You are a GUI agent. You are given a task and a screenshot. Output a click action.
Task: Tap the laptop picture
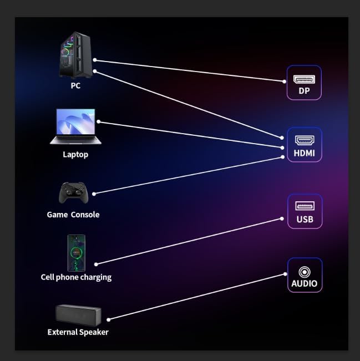click(75, 126)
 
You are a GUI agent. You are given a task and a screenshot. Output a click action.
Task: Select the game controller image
click(73, 193)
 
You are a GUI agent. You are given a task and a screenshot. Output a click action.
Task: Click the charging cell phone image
click(76, 253)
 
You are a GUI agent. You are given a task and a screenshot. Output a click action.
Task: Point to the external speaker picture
click(78, 315)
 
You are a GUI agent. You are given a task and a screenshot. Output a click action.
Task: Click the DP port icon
click(304, 79)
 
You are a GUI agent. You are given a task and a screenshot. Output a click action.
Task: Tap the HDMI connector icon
click(305, 140)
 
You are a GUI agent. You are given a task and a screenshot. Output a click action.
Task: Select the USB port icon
click(305, 206)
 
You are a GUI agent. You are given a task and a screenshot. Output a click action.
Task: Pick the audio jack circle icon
click(305, 272)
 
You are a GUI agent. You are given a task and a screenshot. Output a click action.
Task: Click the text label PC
click(75, 85)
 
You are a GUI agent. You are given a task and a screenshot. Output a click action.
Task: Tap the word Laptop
click(75, 155)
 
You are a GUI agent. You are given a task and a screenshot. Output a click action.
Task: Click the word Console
click(85, 215)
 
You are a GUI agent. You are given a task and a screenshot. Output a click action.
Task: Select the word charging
click(95, 277)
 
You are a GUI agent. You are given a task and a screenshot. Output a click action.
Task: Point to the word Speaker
click(93, 332)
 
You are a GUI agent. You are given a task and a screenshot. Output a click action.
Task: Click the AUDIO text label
click(305, 283)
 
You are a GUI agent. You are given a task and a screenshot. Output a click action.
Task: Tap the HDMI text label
click(305, 153)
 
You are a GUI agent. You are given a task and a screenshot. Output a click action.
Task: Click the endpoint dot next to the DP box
click(284, 82)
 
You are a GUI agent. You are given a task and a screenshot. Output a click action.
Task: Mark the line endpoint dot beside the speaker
click(109, 319)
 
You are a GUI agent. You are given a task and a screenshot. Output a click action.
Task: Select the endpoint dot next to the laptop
click(99, 121)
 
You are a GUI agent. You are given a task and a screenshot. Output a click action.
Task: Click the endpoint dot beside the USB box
click(282, 218)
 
